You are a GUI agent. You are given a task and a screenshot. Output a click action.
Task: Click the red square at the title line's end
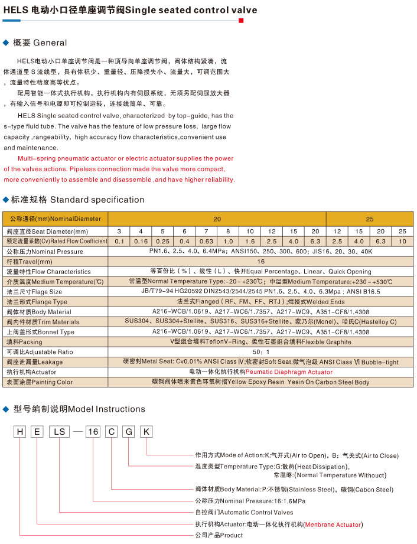click(x=241, y=21)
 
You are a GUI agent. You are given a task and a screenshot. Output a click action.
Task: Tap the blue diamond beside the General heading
click(x=6, y=43)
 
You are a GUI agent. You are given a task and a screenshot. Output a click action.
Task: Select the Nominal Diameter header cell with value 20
click(x=217, y=219)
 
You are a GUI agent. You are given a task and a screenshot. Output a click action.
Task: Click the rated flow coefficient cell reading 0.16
click(x=141, y=241)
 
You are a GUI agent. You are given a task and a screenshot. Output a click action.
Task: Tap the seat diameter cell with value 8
click(x=228, y=231)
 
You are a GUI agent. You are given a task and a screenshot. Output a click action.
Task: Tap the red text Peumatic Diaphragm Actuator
click(x=289, y=372)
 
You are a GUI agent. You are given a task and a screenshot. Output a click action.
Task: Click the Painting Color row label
click(x=39, y=382)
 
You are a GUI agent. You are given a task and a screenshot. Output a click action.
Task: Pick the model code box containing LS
click(x=59, y=432)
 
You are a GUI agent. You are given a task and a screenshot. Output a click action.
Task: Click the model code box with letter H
click(x=20, y=432)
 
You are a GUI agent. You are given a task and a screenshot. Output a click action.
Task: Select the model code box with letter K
click(x=146, y=432)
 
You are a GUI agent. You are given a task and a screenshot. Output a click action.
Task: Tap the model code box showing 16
click(x=93, y=432)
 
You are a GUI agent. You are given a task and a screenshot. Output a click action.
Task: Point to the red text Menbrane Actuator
click(x=333, y=524)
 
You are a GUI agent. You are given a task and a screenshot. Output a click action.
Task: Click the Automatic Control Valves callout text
click(x=244, y=512)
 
